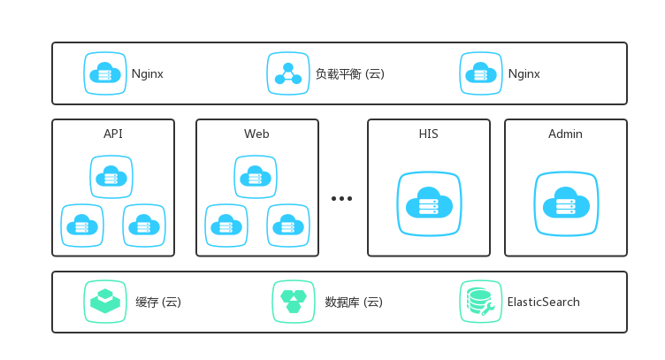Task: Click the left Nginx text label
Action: point(147,74)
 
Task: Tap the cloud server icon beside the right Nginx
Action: point(481,73)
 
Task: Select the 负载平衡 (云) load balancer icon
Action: point(288,73)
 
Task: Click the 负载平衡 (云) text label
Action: point(349,74)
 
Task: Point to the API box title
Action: point(113,134)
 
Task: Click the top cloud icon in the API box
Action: point(111,177)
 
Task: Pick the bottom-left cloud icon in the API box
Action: point(82,226)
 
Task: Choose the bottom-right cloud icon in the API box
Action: point(144,226)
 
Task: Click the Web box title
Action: point(256,134)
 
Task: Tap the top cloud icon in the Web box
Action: point(256,177)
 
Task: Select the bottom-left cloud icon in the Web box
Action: point(226,226)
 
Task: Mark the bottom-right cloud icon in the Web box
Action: point(288,226)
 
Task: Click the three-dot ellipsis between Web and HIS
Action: point(342,199)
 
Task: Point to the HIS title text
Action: point(429,134)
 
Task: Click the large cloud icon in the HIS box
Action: point(429,204)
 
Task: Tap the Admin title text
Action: point(565,134)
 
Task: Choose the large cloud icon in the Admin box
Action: point(566,204)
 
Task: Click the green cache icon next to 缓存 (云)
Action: point(105,302)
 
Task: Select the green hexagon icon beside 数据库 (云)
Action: point(294,302)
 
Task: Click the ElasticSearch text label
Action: point(543,303)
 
